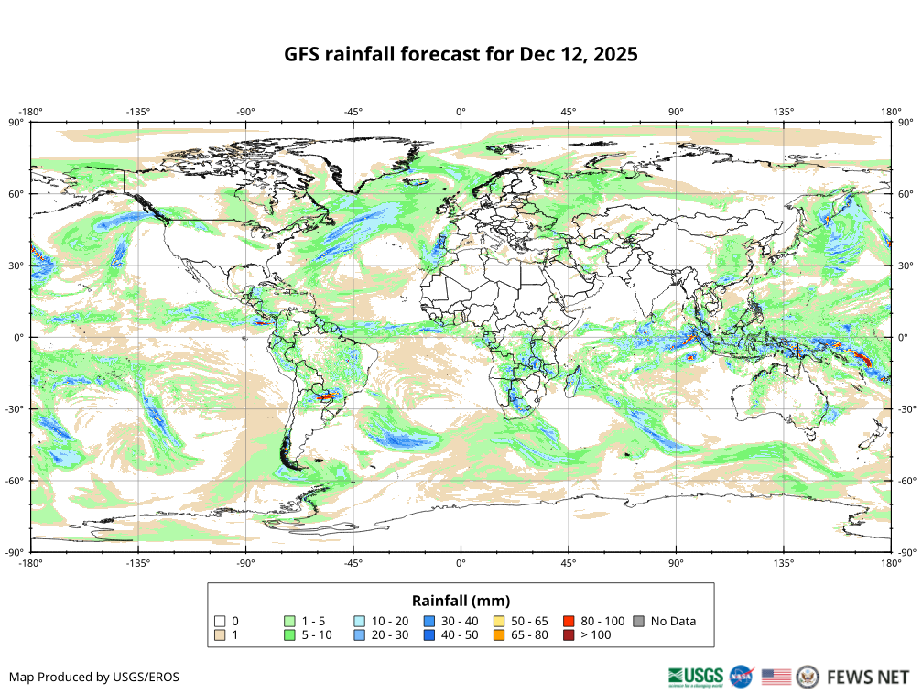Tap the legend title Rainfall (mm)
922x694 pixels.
(461, 601)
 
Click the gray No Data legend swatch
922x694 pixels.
(638, 621)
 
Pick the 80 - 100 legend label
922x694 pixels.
(602, 621)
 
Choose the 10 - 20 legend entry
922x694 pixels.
(390, 621)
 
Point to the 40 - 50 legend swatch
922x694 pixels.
(428, 634)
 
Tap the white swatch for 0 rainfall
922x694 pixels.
(219, 621)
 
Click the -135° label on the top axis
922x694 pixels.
(138, 112)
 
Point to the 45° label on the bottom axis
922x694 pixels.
(569, 562)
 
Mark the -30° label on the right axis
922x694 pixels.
(906, 408)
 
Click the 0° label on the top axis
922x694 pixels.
(461, 112)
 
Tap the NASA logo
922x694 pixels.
(742, 678)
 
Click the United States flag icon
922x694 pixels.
(776, 678)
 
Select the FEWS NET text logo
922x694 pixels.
(867, 678)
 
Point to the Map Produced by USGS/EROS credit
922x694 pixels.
(94, 678)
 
